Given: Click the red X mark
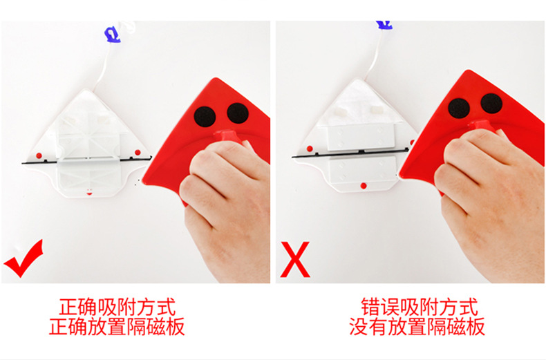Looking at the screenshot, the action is (x=295, y=259).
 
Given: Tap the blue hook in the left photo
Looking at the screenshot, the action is (x=113, y=35).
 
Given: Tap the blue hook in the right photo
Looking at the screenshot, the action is (x=384, y=25).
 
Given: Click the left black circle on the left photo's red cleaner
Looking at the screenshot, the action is (x=205, y=117).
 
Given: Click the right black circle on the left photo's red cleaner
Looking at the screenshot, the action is (x=238, y=113).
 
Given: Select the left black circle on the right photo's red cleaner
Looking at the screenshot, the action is (x=459, y=108).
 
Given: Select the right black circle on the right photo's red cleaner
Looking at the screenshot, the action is (x=491, y=104).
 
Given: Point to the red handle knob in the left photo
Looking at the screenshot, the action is (x=228, y=136).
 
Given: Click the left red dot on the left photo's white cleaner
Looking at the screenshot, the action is (x=39, y=155).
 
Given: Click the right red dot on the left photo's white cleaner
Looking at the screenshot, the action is (x=138, y=152).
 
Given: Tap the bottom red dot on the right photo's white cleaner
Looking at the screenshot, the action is (x=364, y=186).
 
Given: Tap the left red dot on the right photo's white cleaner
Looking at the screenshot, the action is (x=310, y=149).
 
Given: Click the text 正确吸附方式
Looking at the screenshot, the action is (x=117, y=307).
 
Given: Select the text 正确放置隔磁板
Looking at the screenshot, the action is (x=117, y=327).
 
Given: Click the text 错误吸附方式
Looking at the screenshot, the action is (x=419, y=307).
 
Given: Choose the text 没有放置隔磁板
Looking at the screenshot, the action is (x=417, y=327).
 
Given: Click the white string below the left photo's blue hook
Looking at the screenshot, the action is (x=104, y=66).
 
